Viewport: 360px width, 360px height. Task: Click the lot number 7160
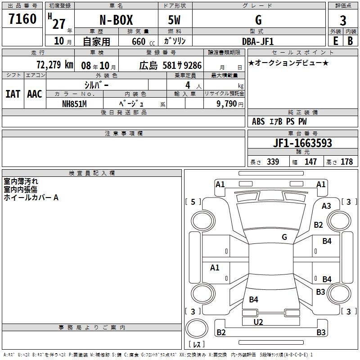click(x=22, y=18)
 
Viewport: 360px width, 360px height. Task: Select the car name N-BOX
click(x=116, y=20)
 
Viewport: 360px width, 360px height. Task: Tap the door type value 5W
click(x=174, y=20)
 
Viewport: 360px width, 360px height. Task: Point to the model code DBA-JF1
click(x=258, y=41)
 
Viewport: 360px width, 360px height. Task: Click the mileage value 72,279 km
click(x=55, y=65)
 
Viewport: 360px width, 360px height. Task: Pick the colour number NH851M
click(x=74, y=104)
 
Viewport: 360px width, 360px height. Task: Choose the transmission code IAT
click(x=13, y=94)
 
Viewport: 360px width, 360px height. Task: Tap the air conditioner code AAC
click(x=35, y=94)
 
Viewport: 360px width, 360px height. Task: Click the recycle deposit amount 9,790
click(x=226, y=104)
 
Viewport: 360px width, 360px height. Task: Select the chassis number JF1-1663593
click(x=302, y=143)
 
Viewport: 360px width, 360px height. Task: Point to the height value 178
click(x=346, y=162)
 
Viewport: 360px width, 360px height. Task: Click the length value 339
click(x=273, y=162)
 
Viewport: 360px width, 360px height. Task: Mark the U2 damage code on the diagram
click(x=258, y=322)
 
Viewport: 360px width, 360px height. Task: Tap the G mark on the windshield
click(x=284, y=237)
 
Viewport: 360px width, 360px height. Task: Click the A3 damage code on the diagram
click(x=326, y=206)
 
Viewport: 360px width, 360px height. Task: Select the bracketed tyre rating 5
click(x=193, y=202)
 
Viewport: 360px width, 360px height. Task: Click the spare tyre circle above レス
click(x=197, y=328)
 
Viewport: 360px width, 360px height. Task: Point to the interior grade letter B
click(x=351, y=41)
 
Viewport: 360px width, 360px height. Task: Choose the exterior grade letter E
click(x=336, y=41)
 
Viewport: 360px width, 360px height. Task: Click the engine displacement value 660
click(x=139, y=42)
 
